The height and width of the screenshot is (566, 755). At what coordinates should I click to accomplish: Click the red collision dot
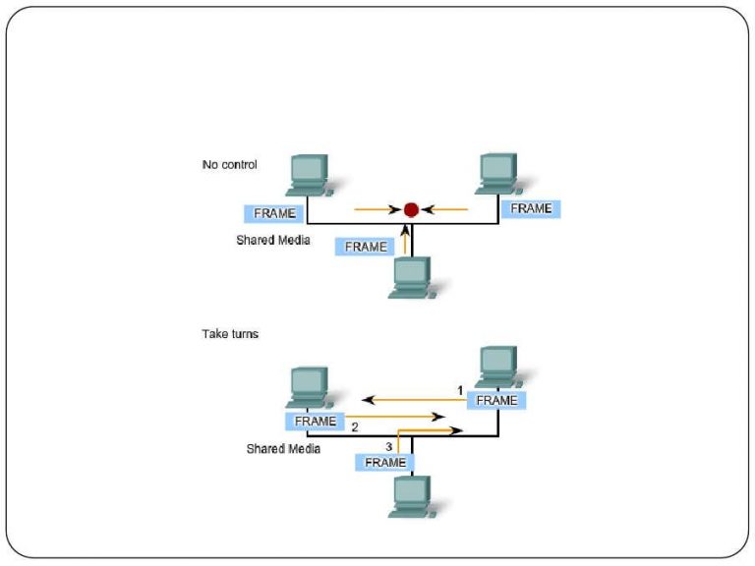[x=411, y=209]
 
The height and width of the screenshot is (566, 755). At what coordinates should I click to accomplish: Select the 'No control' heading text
[x=229, y=165]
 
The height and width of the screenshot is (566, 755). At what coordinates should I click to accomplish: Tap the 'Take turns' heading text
[x=230, y=334]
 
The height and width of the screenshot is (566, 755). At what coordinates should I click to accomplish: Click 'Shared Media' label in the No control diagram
[x=273, y=239]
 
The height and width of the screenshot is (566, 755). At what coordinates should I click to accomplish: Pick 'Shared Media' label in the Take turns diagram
[x=283, y=448]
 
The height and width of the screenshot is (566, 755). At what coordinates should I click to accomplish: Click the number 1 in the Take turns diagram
[x=459, y=390]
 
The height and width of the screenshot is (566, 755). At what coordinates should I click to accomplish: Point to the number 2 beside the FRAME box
[x=355, y=426]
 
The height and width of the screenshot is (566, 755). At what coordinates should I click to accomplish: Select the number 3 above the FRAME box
[x=389, y=447]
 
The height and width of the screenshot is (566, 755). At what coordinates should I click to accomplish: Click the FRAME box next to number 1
[x=496, y=401]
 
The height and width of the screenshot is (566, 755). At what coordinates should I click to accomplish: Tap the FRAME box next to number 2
[x=316, y=421]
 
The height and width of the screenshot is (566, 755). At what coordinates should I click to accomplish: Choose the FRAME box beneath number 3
[x=385, y=462]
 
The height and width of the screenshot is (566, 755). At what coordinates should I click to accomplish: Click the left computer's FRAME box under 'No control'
[x=274, y=213]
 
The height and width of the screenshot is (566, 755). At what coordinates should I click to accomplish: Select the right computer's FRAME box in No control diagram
[x=531, y=208]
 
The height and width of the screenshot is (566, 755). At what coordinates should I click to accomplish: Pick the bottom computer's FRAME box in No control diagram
[x=366, y=247]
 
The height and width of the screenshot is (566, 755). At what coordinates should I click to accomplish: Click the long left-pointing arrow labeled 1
[x=413, y=400]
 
